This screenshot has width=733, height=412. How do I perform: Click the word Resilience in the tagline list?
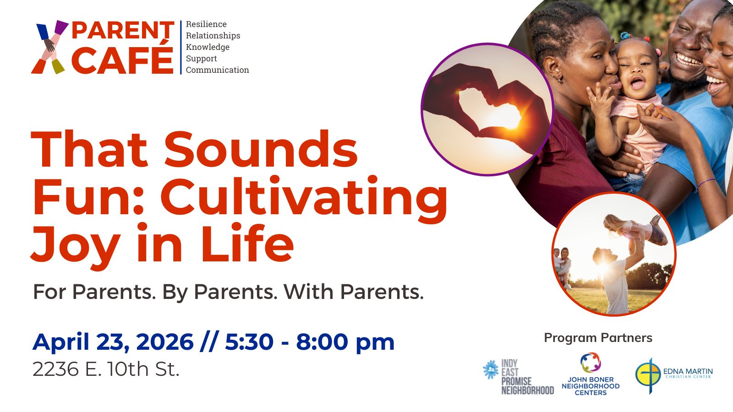pos(206,24)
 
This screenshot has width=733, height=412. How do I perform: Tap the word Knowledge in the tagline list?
pos(208,47)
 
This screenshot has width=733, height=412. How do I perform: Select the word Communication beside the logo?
pos(217,70)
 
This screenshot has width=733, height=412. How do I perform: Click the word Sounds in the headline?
pos(261,149)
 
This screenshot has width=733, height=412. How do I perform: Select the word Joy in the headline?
pos(76,246)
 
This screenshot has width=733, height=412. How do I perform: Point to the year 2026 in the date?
pos(164,342)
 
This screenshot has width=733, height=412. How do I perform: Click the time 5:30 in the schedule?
pos(249,342)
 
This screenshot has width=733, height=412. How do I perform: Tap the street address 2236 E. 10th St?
pos(106,369)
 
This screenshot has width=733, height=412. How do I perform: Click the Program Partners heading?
pos(598,338)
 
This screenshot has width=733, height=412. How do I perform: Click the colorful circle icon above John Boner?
pos(591,362)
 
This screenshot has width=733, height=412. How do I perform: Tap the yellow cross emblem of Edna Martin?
pos(648,375)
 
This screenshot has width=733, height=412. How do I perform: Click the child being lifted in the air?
pos(635,229)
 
